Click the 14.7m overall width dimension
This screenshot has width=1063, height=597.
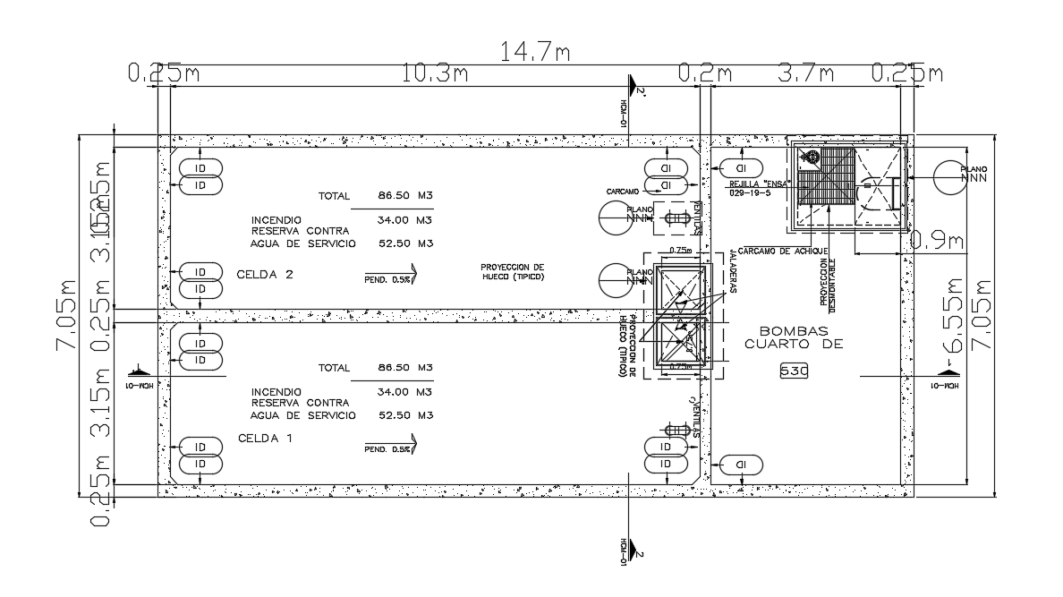tap(534, 53)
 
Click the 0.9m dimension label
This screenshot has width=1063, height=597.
tap(936, 240)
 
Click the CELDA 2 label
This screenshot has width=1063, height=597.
tap(265, 274)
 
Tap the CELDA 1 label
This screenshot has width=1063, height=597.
tap(266, 439)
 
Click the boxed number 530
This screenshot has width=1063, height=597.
tap(794, 370)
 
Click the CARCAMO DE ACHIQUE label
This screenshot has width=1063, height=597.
tap(783, 252)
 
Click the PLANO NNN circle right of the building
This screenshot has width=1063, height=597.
tap(951, 176)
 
